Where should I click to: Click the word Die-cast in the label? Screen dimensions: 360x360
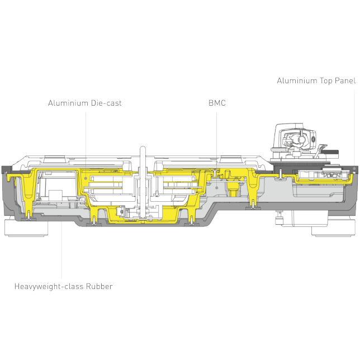coord(106,103)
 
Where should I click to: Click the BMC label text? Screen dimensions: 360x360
coord(217,103)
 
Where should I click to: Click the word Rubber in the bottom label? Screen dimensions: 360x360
coord(99,286)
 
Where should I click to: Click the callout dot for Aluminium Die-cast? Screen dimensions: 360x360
coord(86,178)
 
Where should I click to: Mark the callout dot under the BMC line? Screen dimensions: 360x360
coord(217,188)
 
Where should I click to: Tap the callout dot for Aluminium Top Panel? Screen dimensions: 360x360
coord(354,168)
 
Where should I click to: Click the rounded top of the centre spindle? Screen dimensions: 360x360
coord(143,148)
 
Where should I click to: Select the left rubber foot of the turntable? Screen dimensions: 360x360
coord(26,228)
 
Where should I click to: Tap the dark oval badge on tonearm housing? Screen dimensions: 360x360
coord(314,139)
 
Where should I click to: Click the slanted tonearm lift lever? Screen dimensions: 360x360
coord(320,150)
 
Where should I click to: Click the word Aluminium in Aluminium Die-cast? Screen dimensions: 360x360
coord(68,103)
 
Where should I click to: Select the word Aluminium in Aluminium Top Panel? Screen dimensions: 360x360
coord(297,81)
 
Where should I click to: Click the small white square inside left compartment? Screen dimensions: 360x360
coord(55,195)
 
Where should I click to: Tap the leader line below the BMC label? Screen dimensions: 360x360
coord(216,149)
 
